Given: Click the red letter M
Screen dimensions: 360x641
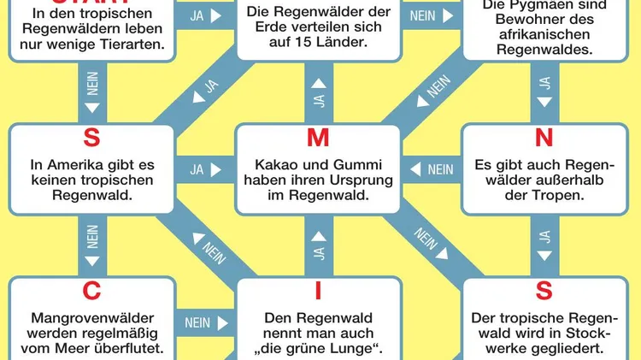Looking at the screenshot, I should coord(318,137).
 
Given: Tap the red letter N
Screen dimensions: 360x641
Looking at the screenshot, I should coord(544,137).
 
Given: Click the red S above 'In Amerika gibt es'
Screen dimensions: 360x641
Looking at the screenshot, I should coord(91,137).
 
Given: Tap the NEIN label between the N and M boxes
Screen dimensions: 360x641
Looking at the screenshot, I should coord(440,169).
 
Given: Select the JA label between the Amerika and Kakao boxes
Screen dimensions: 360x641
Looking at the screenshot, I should coord(197,169).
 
